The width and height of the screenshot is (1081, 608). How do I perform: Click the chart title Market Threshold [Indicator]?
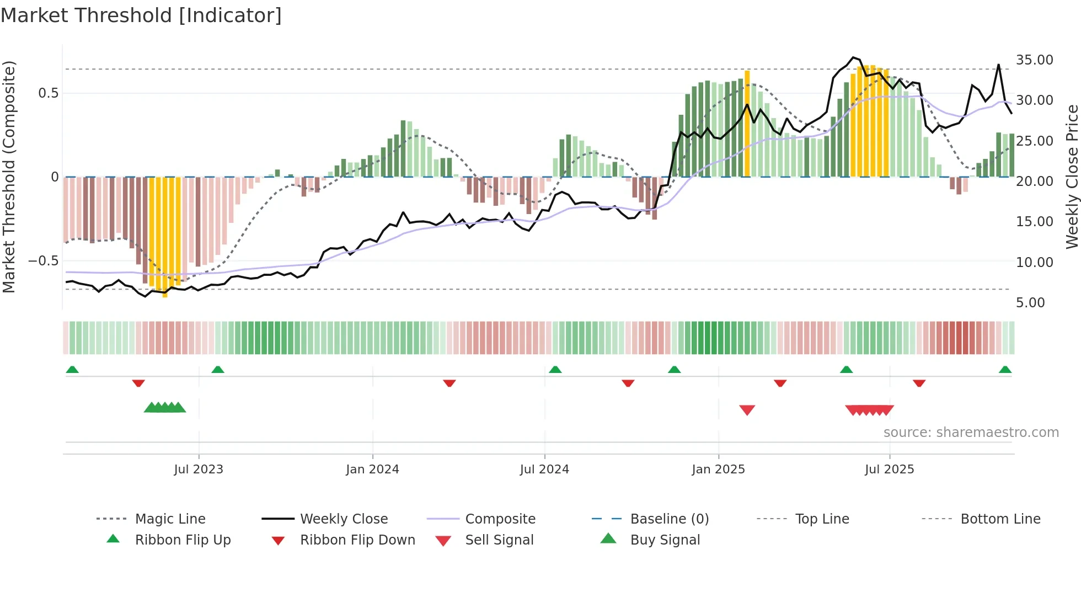coord(141,15)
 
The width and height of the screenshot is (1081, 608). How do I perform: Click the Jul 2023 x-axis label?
coord(199,470)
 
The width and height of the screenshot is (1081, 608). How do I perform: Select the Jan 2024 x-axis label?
coord(372,470)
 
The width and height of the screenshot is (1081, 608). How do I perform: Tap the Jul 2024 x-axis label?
coord(544,470)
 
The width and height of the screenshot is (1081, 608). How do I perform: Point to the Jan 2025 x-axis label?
coord(718,470)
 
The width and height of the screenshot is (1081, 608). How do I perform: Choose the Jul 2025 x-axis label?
coord(889,470)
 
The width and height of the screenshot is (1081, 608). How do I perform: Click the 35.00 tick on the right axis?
coord(1034,60)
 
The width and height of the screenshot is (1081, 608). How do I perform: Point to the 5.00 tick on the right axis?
coord(1030,303)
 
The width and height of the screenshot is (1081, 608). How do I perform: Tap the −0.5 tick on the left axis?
coord(43,261)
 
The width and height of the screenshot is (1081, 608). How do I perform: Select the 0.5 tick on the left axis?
coord(48,93)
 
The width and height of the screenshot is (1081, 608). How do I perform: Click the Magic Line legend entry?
coord(170,519)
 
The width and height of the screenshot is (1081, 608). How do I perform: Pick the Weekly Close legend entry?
coord(344,519)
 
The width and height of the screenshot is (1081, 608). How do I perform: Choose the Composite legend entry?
coord(500,519)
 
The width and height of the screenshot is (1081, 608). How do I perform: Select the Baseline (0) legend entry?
coord(669,519)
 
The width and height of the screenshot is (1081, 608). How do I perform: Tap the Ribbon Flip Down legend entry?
coord(357,540)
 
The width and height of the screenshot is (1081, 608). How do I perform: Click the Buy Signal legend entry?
coord(665,540)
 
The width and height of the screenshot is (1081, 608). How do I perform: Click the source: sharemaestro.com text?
coord(971,433)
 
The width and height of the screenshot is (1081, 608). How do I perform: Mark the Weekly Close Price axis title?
coord(1072,177)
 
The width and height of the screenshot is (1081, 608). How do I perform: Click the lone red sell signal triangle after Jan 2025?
coord(747,410)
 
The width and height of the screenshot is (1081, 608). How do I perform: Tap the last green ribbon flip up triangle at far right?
coord(1005,370)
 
